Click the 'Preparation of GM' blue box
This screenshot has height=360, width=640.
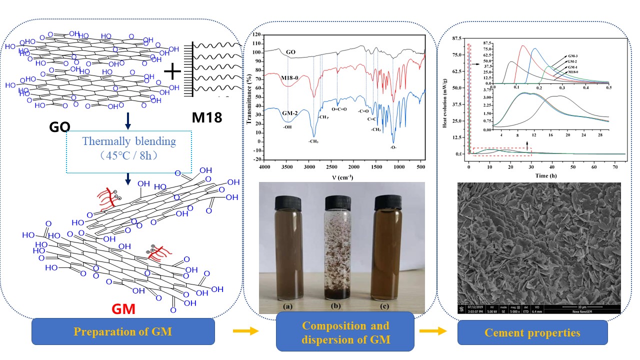point(123,331)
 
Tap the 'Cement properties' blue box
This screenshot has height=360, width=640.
point(532,332)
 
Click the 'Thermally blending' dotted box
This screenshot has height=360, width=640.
point(129,147)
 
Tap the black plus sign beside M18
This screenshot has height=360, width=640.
point(172,71)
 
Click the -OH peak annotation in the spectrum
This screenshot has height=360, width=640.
point(287,127)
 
